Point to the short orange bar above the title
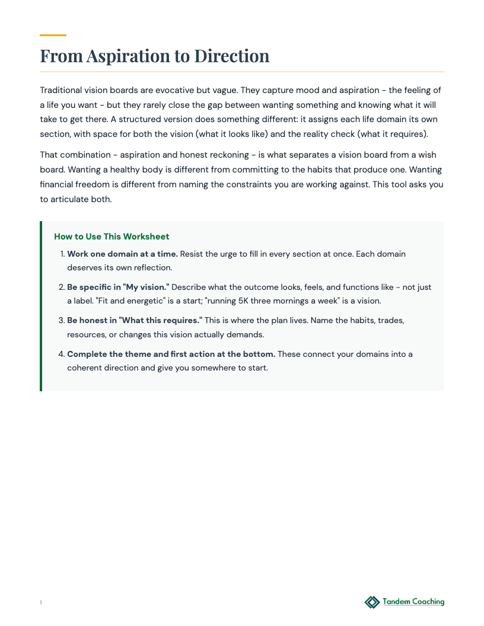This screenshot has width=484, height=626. (53, 36)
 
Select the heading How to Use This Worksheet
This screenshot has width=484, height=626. (112, 237)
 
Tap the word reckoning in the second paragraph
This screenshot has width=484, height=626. (222, 155)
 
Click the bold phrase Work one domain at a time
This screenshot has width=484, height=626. (122, 254)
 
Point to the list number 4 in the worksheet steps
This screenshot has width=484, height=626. (61, 354)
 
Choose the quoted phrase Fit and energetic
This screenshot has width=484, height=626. (119, 301)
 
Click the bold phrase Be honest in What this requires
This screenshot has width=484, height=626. (135, 320)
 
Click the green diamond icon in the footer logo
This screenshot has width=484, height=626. (372, 602)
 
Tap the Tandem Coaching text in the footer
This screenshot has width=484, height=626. (413, 602)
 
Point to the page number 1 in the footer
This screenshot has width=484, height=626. (41, 603)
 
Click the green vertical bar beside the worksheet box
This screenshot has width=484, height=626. (41, 306)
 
